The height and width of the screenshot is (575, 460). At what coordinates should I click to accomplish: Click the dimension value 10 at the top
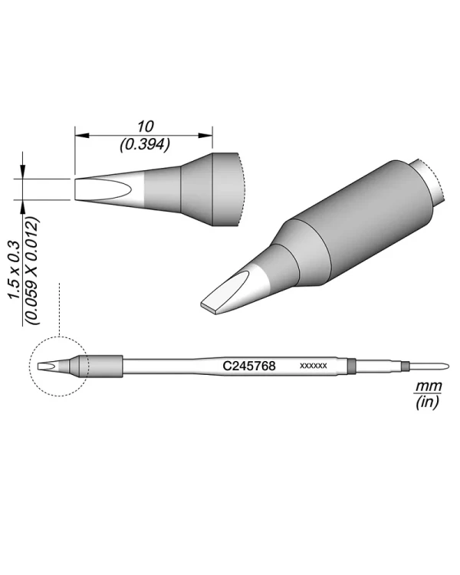coord(145,126)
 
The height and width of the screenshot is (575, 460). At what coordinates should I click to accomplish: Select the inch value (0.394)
coord(145,143)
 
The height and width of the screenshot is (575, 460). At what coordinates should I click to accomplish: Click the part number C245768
coord(249,366)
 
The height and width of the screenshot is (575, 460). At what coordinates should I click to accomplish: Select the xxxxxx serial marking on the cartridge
coord(314,366)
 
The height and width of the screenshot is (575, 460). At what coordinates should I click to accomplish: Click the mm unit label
coord(423,386)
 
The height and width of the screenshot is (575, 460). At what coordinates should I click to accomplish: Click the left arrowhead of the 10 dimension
coord(80,135)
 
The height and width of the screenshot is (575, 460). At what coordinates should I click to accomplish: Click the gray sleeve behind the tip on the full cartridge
coord(105,366)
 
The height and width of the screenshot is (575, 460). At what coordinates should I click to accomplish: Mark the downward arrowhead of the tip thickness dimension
coord(25,172)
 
